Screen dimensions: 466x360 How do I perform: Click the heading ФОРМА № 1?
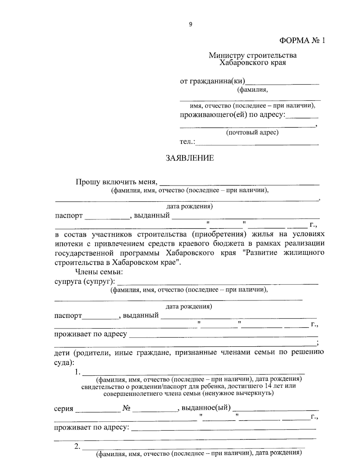302,41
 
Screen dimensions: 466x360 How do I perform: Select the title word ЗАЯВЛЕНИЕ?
190,158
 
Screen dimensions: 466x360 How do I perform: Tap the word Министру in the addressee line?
227,56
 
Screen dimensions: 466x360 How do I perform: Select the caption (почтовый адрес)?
252,132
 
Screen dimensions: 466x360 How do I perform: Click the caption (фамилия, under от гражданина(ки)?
252,90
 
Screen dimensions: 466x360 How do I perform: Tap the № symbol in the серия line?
126,408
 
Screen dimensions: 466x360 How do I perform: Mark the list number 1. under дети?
77,372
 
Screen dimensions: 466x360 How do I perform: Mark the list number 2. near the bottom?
77,447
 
